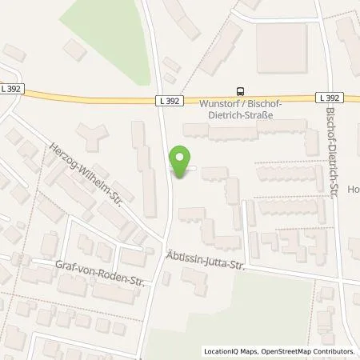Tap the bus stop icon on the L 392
(x=241, y=90)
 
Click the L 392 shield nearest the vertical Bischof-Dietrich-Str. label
(x=334, y=97)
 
